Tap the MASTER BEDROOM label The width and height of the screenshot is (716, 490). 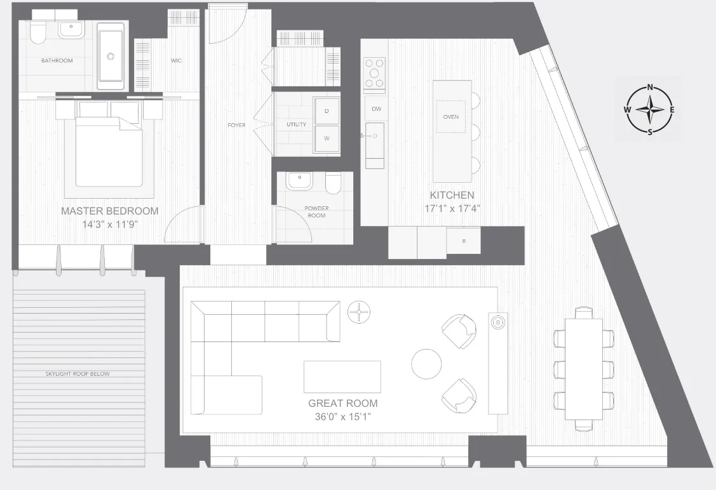(x=110, y=211)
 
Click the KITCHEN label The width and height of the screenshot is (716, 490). (x=452, y=195)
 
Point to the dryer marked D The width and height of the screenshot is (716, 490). (x=327, y=111)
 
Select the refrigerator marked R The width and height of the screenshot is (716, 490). (x=463, y=241)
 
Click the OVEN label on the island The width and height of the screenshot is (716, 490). (x=450, y=117)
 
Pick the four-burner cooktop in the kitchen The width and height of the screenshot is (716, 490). (x=374, y=73)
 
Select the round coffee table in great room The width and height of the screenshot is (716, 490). (x=426, y=364)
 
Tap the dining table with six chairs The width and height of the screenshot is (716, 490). (x=584, y=368)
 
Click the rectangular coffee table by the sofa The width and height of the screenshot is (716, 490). (x=342, y=377)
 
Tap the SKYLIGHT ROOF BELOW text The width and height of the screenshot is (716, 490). (x=78, y=374)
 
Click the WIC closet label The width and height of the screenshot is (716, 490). (x=177, y=61)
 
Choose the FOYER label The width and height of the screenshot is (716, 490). (x=236, y=125)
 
